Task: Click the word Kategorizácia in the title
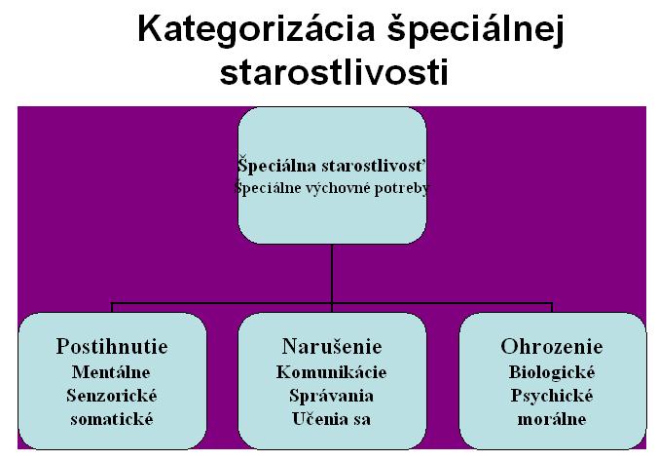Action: [x=256, y=30]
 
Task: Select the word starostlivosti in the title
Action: [x=334, y=72]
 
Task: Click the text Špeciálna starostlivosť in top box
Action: [x=332, y=165]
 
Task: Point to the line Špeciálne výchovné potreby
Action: [x=332, y=188]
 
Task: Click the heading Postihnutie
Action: [x=112, y=347]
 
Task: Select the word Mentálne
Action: [x=111, y=372]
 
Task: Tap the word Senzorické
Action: [x=112, y=396]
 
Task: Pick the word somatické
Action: [x=112, y=419]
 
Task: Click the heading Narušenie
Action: [x=332, y=347]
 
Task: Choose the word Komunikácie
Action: [x=332, y=372]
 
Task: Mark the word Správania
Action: [x=332, y=396]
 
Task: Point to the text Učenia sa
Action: [x=332, y=419]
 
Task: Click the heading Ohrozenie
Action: [x=552, y=347]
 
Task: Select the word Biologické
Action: [x=552, y=372]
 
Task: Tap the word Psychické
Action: [x=552, y=396]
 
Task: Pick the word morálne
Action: [x=552, y=419]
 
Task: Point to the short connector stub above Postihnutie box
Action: [x=112, y=308]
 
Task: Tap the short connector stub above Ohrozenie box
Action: [x=552, y=308]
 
